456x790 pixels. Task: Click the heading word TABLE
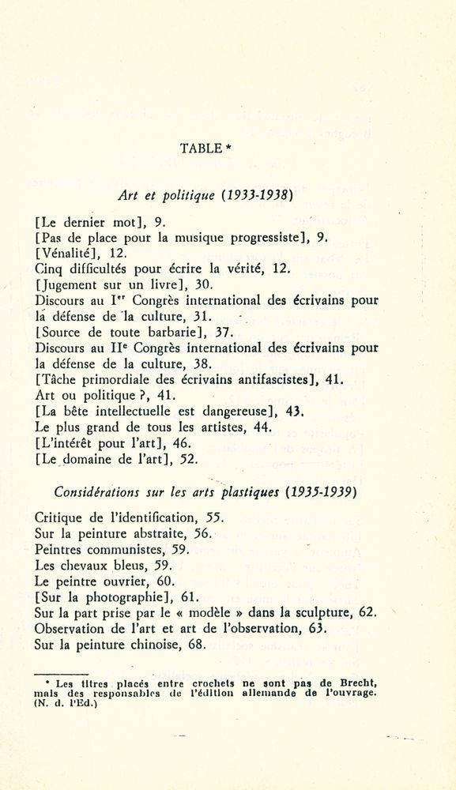(200, 148)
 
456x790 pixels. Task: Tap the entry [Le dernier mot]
(87, 223)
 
